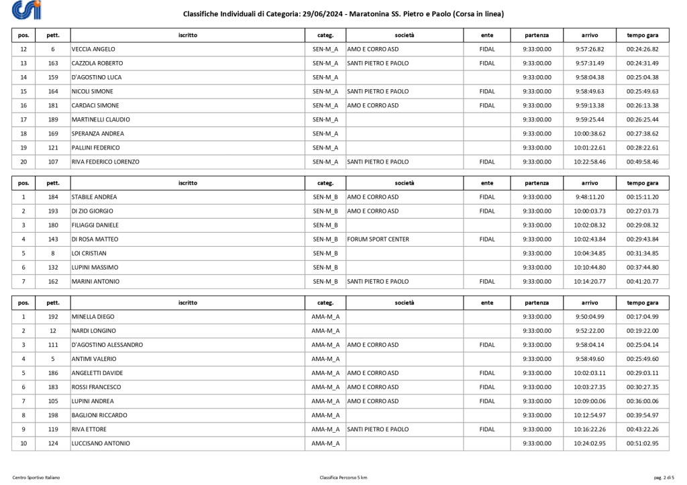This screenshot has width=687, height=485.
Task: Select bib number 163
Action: (52, 63)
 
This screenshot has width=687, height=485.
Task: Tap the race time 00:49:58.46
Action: (642, 162)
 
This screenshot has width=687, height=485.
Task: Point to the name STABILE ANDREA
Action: (94, 197)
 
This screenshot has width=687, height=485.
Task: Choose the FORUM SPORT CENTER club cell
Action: (378, 239)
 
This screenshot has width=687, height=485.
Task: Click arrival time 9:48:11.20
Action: (590, 197)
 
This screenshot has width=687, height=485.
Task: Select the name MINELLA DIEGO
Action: (93, 317)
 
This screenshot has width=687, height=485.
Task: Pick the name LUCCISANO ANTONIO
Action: (101, 443)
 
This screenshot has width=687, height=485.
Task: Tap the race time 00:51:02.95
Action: (642, 443)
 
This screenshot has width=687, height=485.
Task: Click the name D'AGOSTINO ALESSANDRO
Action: (107, 345)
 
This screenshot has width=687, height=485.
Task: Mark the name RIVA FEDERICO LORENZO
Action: (105, 162)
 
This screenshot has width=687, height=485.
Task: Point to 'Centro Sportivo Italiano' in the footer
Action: (36, 477)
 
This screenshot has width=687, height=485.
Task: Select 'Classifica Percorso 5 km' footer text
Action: (343, 477)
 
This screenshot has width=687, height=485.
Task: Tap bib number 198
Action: (52, 415)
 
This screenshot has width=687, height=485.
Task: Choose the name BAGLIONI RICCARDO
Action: (99, 415)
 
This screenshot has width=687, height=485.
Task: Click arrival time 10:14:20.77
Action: (590, 282)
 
